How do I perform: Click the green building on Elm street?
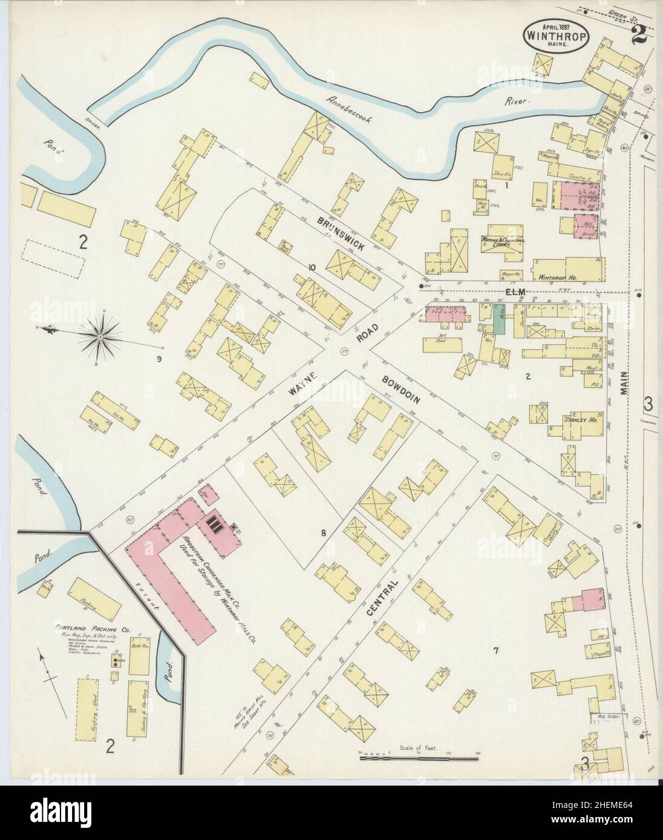click(498, 319)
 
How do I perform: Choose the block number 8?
click(324, 532)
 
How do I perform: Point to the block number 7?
click(495, 650)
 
